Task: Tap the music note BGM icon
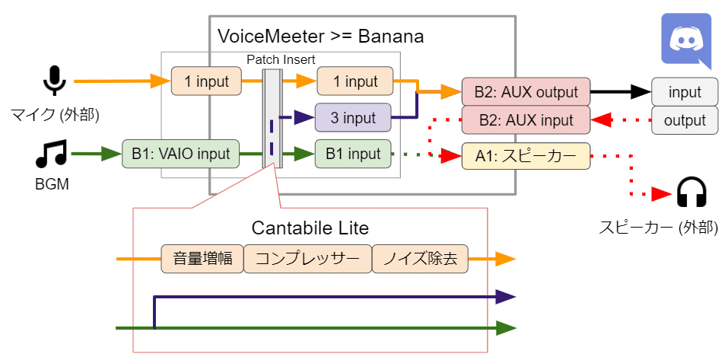(52, 155)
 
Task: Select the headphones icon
(691, 193)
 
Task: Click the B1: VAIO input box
(180, 155)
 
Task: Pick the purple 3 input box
(354, 118)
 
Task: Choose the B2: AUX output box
(526, 93)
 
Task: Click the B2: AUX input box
(526, 120)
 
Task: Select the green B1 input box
(354, 155)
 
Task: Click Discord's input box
(685, 93)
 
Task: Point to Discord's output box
(685, 120)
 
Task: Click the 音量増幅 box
(202, 259)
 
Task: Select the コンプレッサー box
(307, 259)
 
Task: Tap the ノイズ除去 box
(420, 259)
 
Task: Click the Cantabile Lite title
(310, 228)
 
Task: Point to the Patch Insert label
(281, 59)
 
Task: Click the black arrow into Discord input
(620, 93)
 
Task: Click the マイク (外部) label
(56, 115)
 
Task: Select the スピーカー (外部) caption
(658, 227)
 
